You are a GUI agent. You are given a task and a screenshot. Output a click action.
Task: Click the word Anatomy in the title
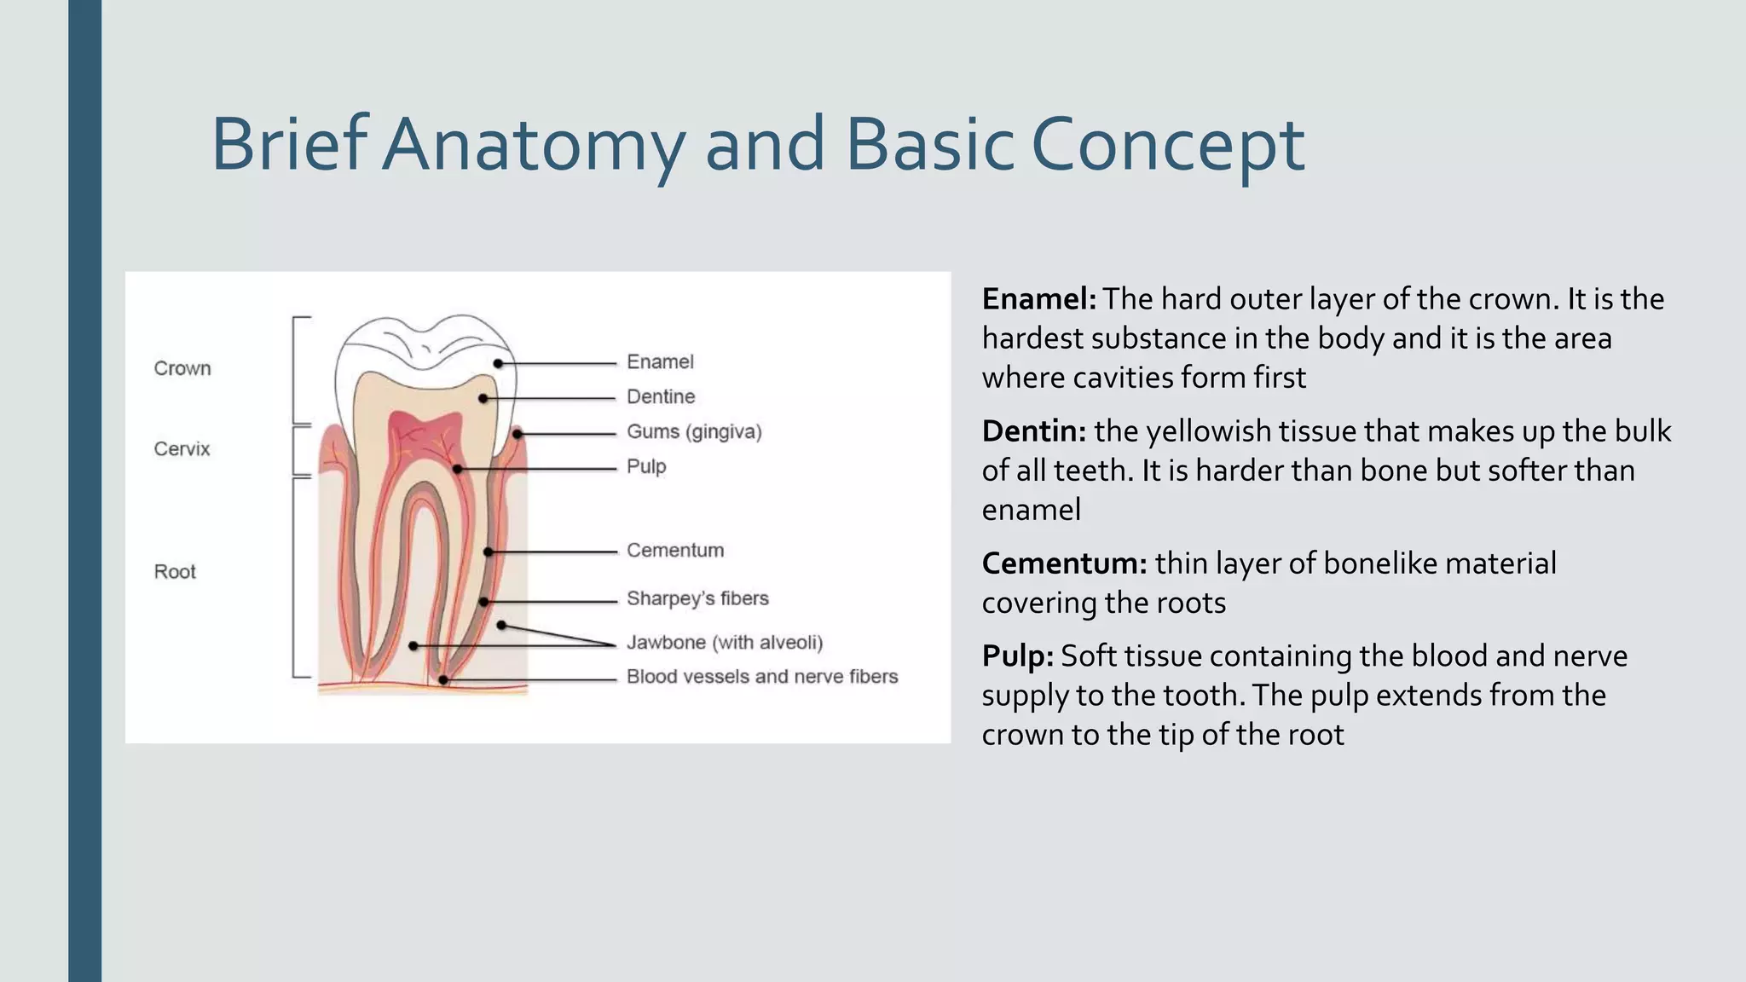(533, 145)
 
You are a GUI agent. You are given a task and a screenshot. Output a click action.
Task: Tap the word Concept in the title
(1167, 145)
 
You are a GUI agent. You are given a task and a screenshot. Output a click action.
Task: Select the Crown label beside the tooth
(182, 368)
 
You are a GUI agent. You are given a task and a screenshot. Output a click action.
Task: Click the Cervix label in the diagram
(182, 448)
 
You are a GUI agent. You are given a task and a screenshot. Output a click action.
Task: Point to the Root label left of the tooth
(175, 571)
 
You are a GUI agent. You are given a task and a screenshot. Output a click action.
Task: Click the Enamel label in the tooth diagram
(660, 361)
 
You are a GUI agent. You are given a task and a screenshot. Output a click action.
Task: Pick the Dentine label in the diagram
(661, 396)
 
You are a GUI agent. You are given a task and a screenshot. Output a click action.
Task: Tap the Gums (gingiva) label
(694, 431)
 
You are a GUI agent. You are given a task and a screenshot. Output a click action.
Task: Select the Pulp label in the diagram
(646, 466)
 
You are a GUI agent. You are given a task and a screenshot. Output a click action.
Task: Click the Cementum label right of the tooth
(675, 550)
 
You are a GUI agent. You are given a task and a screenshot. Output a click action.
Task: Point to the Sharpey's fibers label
(697, 598)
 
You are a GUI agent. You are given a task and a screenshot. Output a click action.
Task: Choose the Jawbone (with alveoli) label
(725, 642)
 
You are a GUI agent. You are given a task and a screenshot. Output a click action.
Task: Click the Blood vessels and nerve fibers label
(762, 676)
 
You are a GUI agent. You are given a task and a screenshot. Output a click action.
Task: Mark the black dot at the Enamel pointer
(498, 363)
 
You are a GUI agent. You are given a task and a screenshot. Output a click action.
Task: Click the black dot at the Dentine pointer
(483, 398)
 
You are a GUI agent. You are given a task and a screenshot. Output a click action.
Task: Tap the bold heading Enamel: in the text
(1038, 299)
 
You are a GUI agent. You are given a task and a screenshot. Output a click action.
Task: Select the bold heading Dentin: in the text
(1033, 431)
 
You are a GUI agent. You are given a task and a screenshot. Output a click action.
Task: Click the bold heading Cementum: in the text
(1064, 563)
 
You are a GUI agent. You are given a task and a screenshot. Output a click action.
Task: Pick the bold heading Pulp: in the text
(1017, 656)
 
